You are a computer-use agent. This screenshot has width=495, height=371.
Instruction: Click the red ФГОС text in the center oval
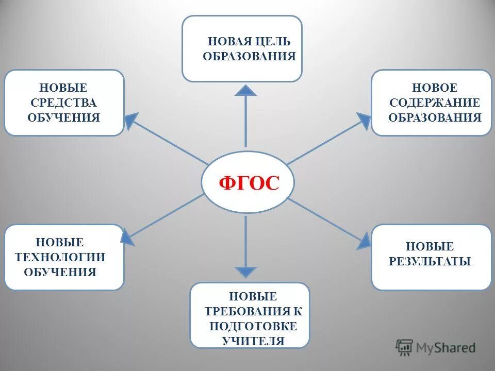coord(249,183)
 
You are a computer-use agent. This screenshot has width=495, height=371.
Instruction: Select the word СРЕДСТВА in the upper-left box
coord(64,103)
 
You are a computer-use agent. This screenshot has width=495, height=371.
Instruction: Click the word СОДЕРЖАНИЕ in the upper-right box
coord(434,103)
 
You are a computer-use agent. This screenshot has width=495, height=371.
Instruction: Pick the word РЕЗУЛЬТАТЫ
coord(430,261)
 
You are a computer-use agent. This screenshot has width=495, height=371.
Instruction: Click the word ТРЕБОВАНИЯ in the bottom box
coord(250,311)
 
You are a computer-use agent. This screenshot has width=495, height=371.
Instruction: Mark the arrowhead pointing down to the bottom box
coord(246,272)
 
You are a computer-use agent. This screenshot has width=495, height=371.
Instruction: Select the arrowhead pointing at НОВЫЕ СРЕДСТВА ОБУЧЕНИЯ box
coord(131,120)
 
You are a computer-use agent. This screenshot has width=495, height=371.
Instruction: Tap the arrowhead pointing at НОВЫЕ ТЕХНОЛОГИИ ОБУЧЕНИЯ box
coord(127,237)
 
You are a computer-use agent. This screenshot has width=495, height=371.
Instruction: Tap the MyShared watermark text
coord(446,348)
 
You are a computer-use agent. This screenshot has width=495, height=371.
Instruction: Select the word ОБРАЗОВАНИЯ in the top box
coord(249,56)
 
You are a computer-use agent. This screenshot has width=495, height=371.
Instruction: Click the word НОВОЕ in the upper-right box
coord(434,88)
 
